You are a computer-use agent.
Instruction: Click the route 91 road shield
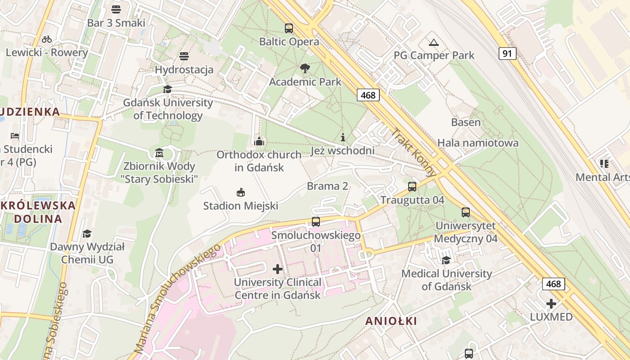tap(507, 54)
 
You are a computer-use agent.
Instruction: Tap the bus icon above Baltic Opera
tap(289, 28)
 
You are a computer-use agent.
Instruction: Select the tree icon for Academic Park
tap(305, 68)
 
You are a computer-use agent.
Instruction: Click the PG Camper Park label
tap(434, 55)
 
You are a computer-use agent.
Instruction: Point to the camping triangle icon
tap(433, 43)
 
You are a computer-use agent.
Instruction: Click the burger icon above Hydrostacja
tap(184, 56)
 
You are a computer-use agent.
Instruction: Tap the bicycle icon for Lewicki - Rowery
tap(46, 39)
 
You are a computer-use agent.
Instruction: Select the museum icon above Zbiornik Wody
tap(159, 153)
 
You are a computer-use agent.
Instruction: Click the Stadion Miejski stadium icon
tap(241, 193)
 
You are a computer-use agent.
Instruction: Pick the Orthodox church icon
tap(259, 141)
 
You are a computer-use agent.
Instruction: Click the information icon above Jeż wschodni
tap(342, 137)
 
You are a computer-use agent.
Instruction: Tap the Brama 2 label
tap(328, 186)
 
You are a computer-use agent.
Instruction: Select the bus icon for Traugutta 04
tap(412, 187)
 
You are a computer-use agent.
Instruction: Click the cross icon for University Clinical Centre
tap(278, 269)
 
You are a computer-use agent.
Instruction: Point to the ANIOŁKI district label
tap(391, 321)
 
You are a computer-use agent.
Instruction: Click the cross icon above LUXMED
tap(551, 304)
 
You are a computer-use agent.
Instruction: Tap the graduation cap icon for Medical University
tap(446, 260)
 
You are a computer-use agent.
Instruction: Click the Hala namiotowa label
tap(478, 143)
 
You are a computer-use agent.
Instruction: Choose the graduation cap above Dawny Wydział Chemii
tap(87, 234)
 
